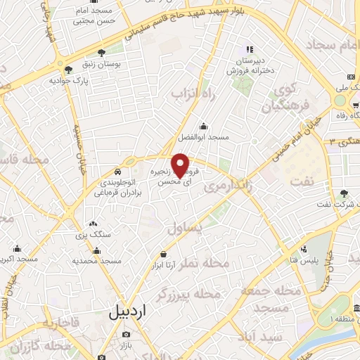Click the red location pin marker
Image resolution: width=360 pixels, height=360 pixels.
pos(181,164)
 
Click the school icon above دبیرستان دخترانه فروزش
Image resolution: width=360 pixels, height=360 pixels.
pos(249,49)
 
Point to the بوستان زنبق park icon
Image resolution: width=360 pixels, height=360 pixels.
pos(103,52)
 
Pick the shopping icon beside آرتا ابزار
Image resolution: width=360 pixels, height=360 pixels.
pos(164,253)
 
